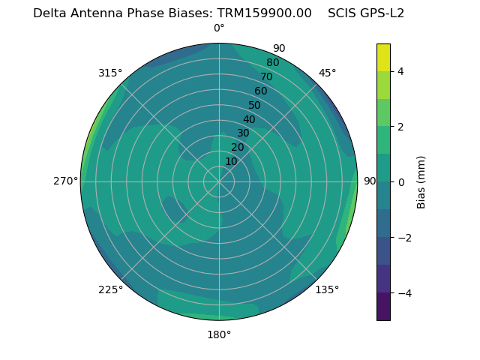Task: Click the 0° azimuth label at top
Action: tap(219, 28)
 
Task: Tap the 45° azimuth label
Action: tap(327, 73)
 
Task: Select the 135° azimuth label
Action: tap(327, 289)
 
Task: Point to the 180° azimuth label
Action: tap(219, 334)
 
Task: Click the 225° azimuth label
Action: tap(110, 289)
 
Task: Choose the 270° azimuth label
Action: tap(66, 181)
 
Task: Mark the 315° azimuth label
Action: tap(110, 73)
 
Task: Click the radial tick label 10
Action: tap(231, 161)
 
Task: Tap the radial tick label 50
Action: tap(254, 106)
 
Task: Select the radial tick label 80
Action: tap(272, 63)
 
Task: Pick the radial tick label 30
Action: tap(243, 133)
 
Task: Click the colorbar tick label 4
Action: tap(401, 71)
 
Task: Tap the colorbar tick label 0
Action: tap(401, 182)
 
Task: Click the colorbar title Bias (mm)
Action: tap(421, 182)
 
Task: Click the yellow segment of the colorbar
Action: tap(383, 58)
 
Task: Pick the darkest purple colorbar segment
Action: tap(383, 307)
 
